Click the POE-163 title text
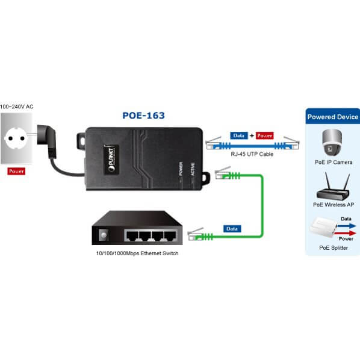(x=143, y=116)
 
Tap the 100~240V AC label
(x=16, y=107)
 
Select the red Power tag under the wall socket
(x=16, y=172)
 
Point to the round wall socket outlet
(x=16, y=138)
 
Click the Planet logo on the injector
(x=111, y=160)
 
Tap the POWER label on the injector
(x=181, y=169)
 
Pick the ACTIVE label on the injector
(x=193, y=169)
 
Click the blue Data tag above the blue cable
(x=239, y=135)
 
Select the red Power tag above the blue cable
(x=265, y=135)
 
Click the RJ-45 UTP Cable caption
(x=252, y=154)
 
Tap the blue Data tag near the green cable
(x=232, y=229)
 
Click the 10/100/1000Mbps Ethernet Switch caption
(x=137, y=253)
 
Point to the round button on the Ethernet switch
(x=104, y=235)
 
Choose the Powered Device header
(x=333, y=117)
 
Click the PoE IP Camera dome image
(x=332, y=142)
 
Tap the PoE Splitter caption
(x=334, y=248)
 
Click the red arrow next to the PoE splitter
(x=346, y=233)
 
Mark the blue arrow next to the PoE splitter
(x=347, y=226)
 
